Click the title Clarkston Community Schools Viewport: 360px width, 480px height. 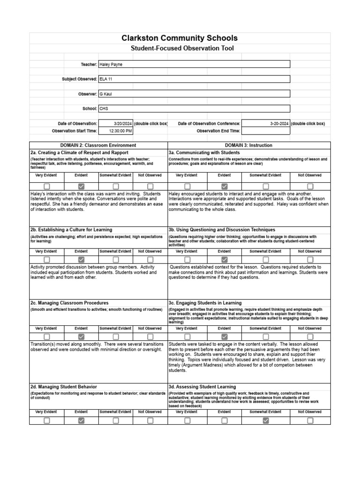tap(180, 38)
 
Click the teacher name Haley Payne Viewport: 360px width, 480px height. tap(111, 64)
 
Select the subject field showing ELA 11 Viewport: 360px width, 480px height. tap(106, 79)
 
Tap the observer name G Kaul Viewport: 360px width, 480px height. tap(106, 94)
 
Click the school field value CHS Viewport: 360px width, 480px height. tap(104, 108)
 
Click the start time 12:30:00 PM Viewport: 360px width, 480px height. tap(120, 131)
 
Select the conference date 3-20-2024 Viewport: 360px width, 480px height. tap(279, 123)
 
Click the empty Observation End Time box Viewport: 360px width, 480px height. tap(266, 131)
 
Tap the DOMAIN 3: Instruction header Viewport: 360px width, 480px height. tap(248, 145)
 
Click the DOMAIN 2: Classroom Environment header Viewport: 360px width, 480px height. tap(98, 145)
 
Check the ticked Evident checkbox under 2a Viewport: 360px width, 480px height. tap(81, 186)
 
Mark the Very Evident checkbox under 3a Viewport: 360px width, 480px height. tap(187, 186)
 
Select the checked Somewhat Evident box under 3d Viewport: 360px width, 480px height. tap(266, 420)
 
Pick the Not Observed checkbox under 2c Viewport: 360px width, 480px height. tap(150, 337)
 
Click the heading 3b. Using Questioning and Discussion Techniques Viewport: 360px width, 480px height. tap(222, 230)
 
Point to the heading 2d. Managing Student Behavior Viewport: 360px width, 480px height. tap(64, 387)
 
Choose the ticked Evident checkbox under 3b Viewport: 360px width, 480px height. tap(225, 259)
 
